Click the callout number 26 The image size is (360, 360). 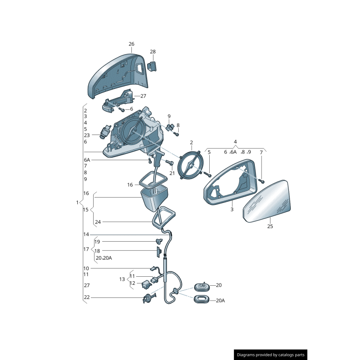click(131, 44)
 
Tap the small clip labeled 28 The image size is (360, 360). click(152, 66)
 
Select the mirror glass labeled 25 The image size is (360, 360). click(266, 201)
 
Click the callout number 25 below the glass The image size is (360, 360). click(270, 226)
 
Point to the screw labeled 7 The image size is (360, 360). click(262, 181)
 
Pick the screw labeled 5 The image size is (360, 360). click(209, 175)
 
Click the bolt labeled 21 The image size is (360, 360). click(169, 162)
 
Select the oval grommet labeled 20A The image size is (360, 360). click(201, 299)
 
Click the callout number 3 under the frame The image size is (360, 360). click(232, 209)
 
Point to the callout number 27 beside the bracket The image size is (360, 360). click(143, 96)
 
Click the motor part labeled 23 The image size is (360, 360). click(105, 132)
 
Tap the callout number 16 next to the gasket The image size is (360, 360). click(130, 185)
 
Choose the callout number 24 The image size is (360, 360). click(98, 222)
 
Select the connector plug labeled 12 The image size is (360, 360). click(147, 285)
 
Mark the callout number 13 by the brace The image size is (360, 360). click(122, 279)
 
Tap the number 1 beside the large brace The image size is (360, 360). click(77, 202)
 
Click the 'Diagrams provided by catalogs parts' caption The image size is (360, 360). click(270, 355)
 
